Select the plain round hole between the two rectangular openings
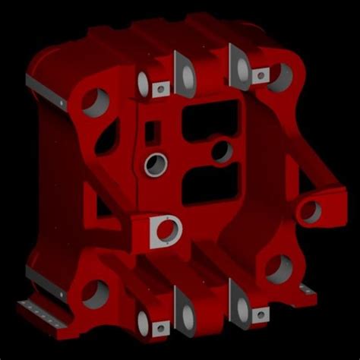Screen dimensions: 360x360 pos(223,151)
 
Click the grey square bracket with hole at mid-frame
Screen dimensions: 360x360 pos(163,231)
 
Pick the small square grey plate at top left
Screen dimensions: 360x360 pos(159,90)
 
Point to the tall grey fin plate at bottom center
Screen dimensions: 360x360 pos(182,308)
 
